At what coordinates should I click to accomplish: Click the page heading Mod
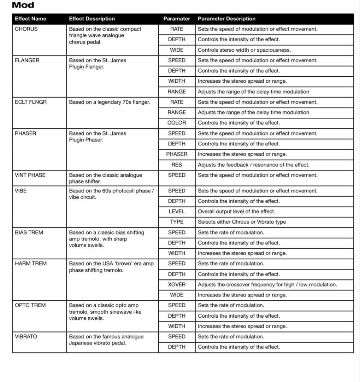pos(23,5)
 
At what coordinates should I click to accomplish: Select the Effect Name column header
pos(30,19)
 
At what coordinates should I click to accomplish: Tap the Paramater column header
pos(177,19)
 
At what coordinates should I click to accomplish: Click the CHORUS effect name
pos(26,29)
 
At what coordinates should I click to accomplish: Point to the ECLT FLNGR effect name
pos(31,102)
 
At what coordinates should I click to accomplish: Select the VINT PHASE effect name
pos(30,175)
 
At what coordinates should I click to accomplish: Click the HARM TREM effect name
pos(31,264)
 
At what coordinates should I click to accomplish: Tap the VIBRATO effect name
pos(26,336)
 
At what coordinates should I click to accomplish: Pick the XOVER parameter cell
pos(177,284)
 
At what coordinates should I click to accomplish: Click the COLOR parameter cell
pos(177,123)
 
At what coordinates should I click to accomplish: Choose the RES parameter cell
pos(177,164)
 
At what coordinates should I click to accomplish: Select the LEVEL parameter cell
pos(177,212)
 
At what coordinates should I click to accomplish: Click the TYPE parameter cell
pos(177,222)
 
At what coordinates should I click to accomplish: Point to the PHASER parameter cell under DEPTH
pos(177,154)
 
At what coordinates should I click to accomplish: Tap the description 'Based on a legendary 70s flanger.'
pos(110,102)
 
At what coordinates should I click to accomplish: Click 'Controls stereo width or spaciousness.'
pos(244,50)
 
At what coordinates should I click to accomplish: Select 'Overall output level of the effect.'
pos(236,212)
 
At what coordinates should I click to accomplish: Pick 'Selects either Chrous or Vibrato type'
pos(242,222)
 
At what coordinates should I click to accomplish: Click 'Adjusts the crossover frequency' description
pos(267,284)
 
